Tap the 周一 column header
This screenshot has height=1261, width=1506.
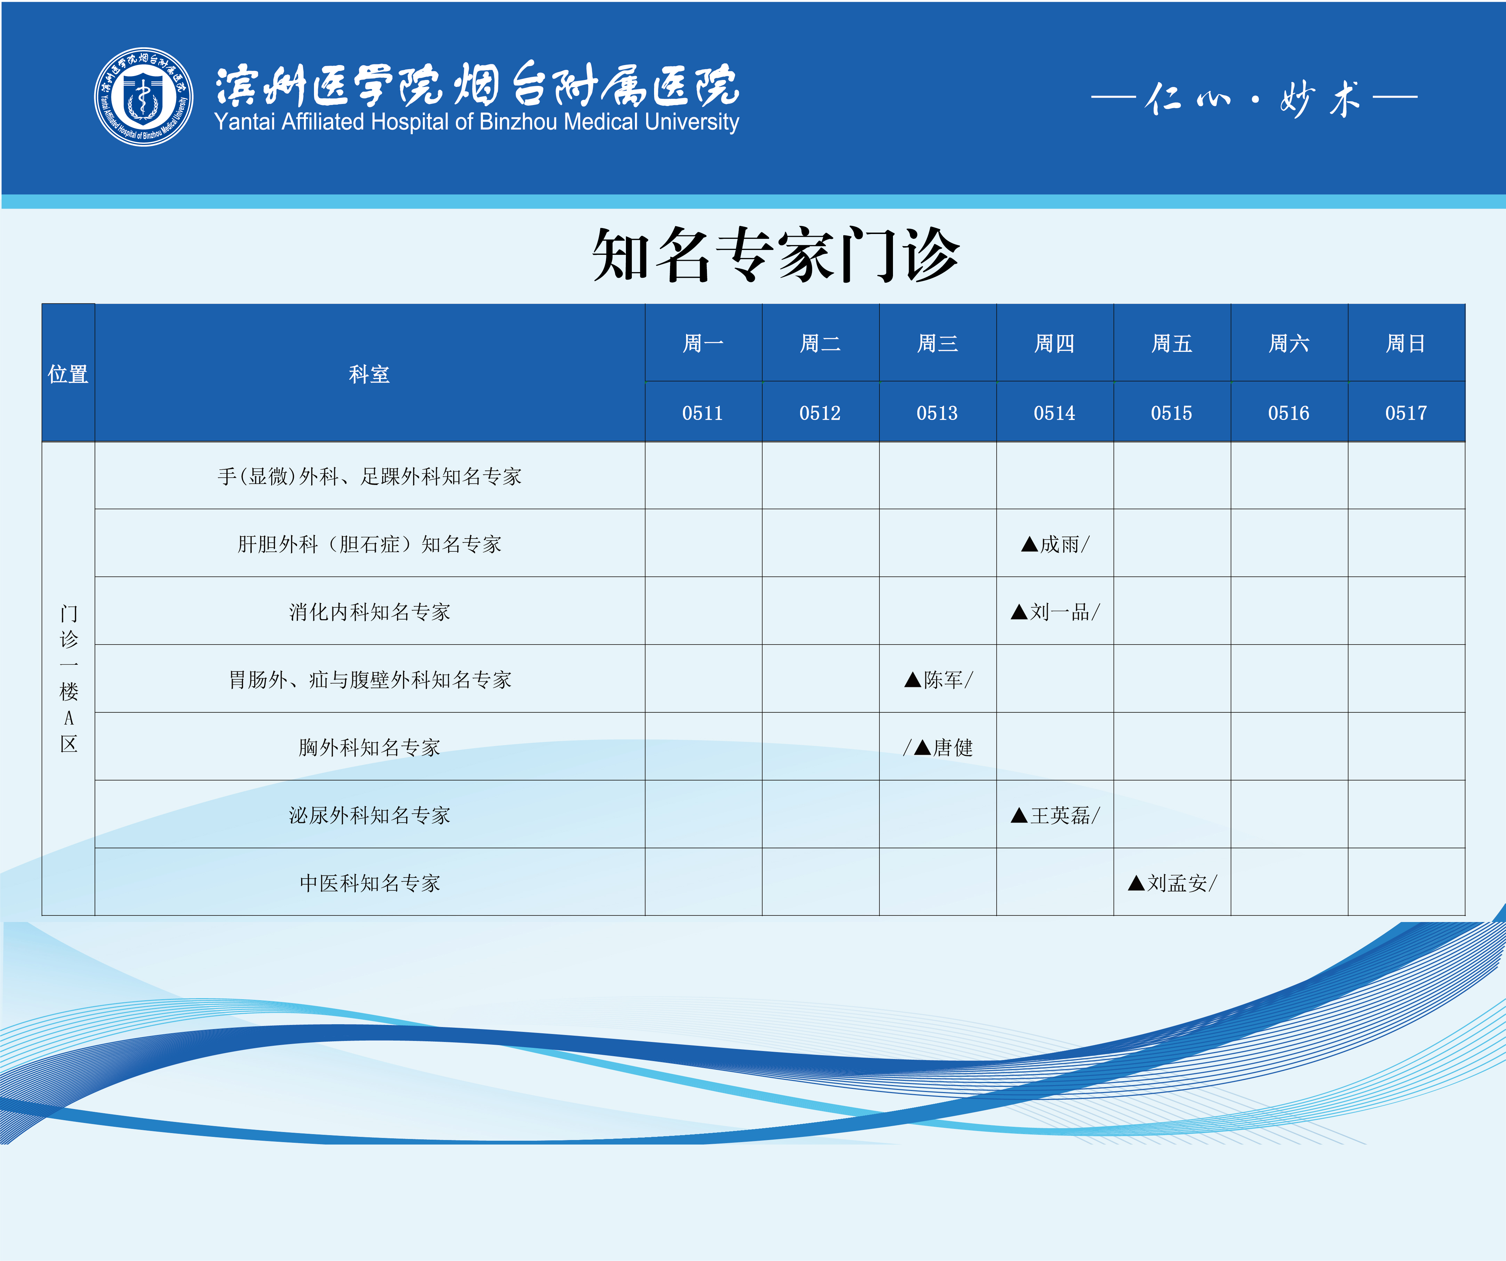[703, 343]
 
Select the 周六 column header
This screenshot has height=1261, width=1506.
[1289, 343]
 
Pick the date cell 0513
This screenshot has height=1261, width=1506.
[937, 413]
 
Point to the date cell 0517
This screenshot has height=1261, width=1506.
[1406, 413]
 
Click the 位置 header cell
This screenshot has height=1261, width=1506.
[68, 373]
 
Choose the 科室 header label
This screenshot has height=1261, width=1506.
[369, 373]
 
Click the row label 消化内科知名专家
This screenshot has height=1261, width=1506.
[369, 612]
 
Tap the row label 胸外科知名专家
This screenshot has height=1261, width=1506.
[369, 747]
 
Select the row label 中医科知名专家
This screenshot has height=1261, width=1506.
[369, 882]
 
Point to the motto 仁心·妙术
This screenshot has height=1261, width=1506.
[1254, 98]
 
